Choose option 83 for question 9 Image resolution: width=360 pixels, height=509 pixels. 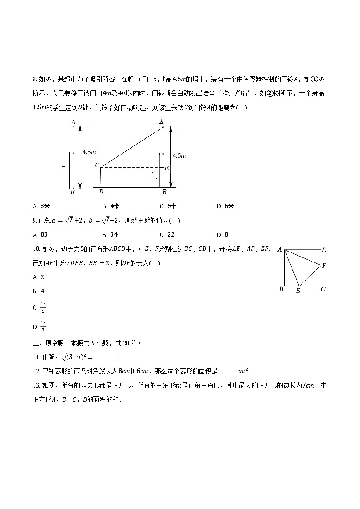tap(41, 234)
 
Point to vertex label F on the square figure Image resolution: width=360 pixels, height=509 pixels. tap(324, 266)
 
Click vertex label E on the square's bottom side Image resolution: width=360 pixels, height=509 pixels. tap(298, 291)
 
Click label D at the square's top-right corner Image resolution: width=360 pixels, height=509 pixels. tap(324, 250)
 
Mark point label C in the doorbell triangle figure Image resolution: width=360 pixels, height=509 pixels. tap(97, 165)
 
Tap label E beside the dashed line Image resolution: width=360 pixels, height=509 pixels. tap(166, 168)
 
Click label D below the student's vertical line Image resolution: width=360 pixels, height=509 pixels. tap(101, 192)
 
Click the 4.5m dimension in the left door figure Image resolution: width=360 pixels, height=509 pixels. tap(89, 152)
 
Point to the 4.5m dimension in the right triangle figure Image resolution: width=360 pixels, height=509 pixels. tap(180, 155)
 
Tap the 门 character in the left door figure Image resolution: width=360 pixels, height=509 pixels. tap(63, 169)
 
